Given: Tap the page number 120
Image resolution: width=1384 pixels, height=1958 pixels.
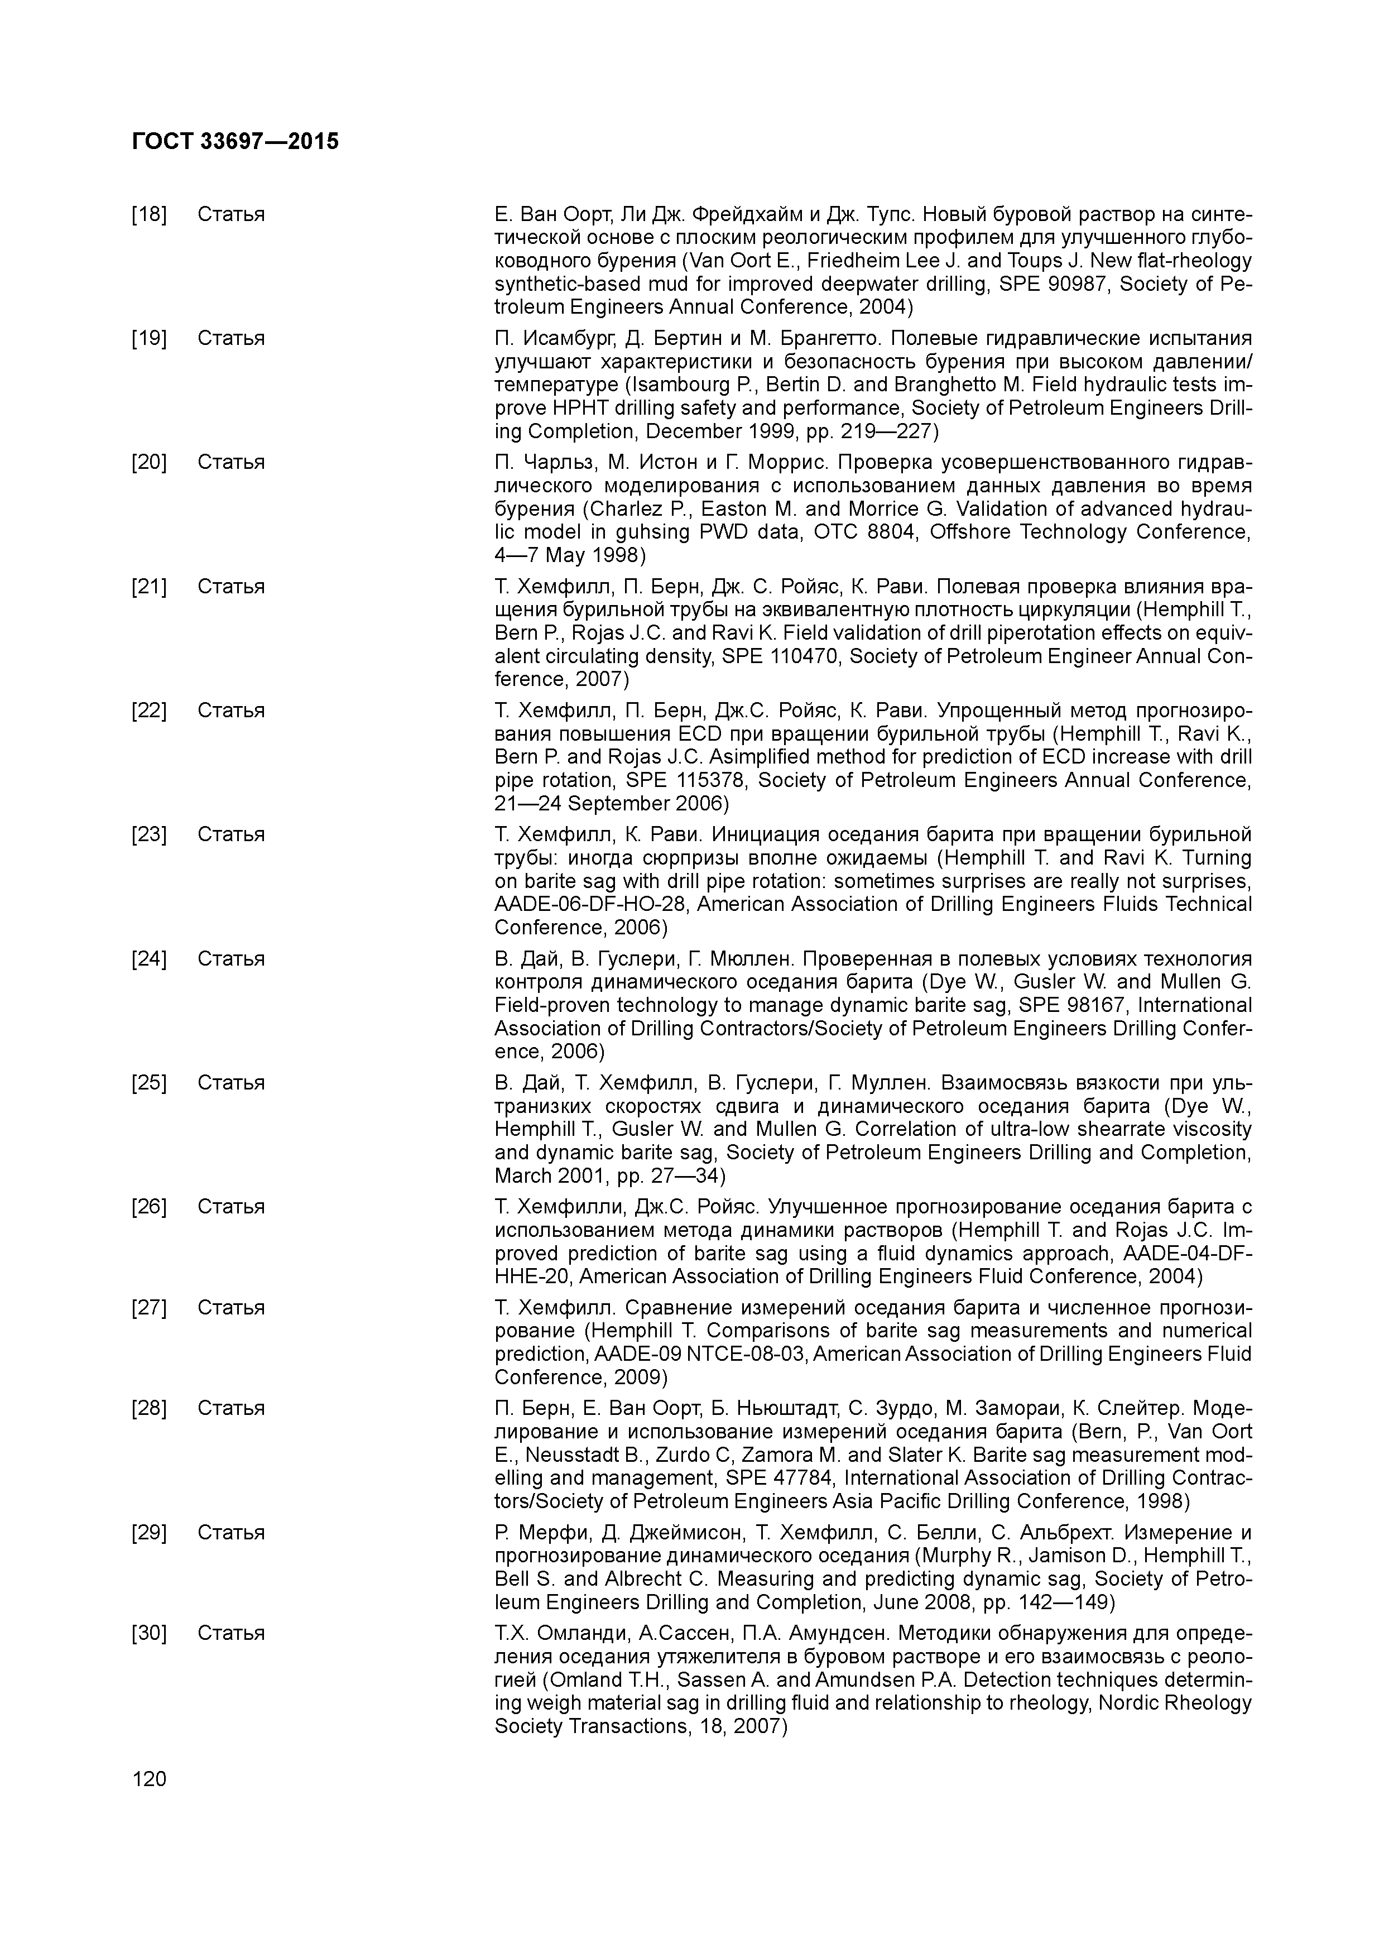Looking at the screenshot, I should click(x=149, y=1779).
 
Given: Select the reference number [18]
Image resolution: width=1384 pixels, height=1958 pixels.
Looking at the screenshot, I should click(x=149, y=214).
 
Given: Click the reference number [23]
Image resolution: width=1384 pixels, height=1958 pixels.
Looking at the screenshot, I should click(x=149, y=834).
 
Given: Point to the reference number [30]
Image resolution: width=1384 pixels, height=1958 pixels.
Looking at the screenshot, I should click(x=149, y=1632).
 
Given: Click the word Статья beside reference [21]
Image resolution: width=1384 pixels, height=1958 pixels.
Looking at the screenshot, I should click(x=231, y=587).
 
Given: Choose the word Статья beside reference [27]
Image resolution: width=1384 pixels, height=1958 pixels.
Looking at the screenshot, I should click(x=231, y=1307).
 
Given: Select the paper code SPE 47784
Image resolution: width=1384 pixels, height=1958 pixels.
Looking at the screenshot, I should click(x=781, y=1478).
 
